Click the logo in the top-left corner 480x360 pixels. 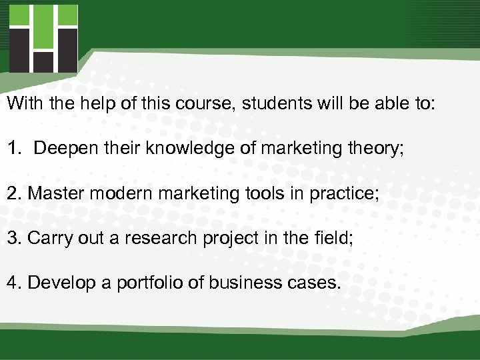(x=43, y=38)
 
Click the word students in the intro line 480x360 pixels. (x=271, y=104)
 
